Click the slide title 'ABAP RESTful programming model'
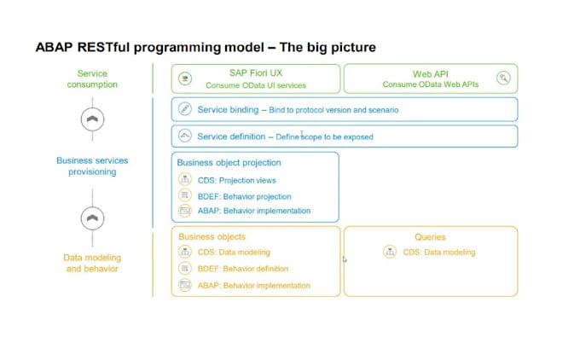pos(205,46)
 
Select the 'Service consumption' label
pos(92,79)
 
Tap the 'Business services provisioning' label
pos(92,165)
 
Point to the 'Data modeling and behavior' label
pos(92,263)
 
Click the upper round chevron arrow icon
pos(92,120)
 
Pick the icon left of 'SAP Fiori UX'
pos(185,79)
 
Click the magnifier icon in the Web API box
pos(503,78)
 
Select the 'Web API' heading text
pos(430,74)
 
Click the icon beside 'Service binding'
pos(185,110)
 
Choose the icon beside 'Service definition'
pos(185,136)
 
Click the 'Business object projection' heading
pos(229,163)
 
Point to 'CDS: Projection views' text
pos(236,180)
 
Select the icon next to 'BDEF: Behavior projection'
pos(185,196)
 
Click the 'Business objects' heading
pos(212,237)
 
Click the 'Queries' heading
pos(430,237)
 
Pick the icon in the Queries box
pos(390,252)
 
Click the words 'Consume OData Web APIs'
pos(430,85)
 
